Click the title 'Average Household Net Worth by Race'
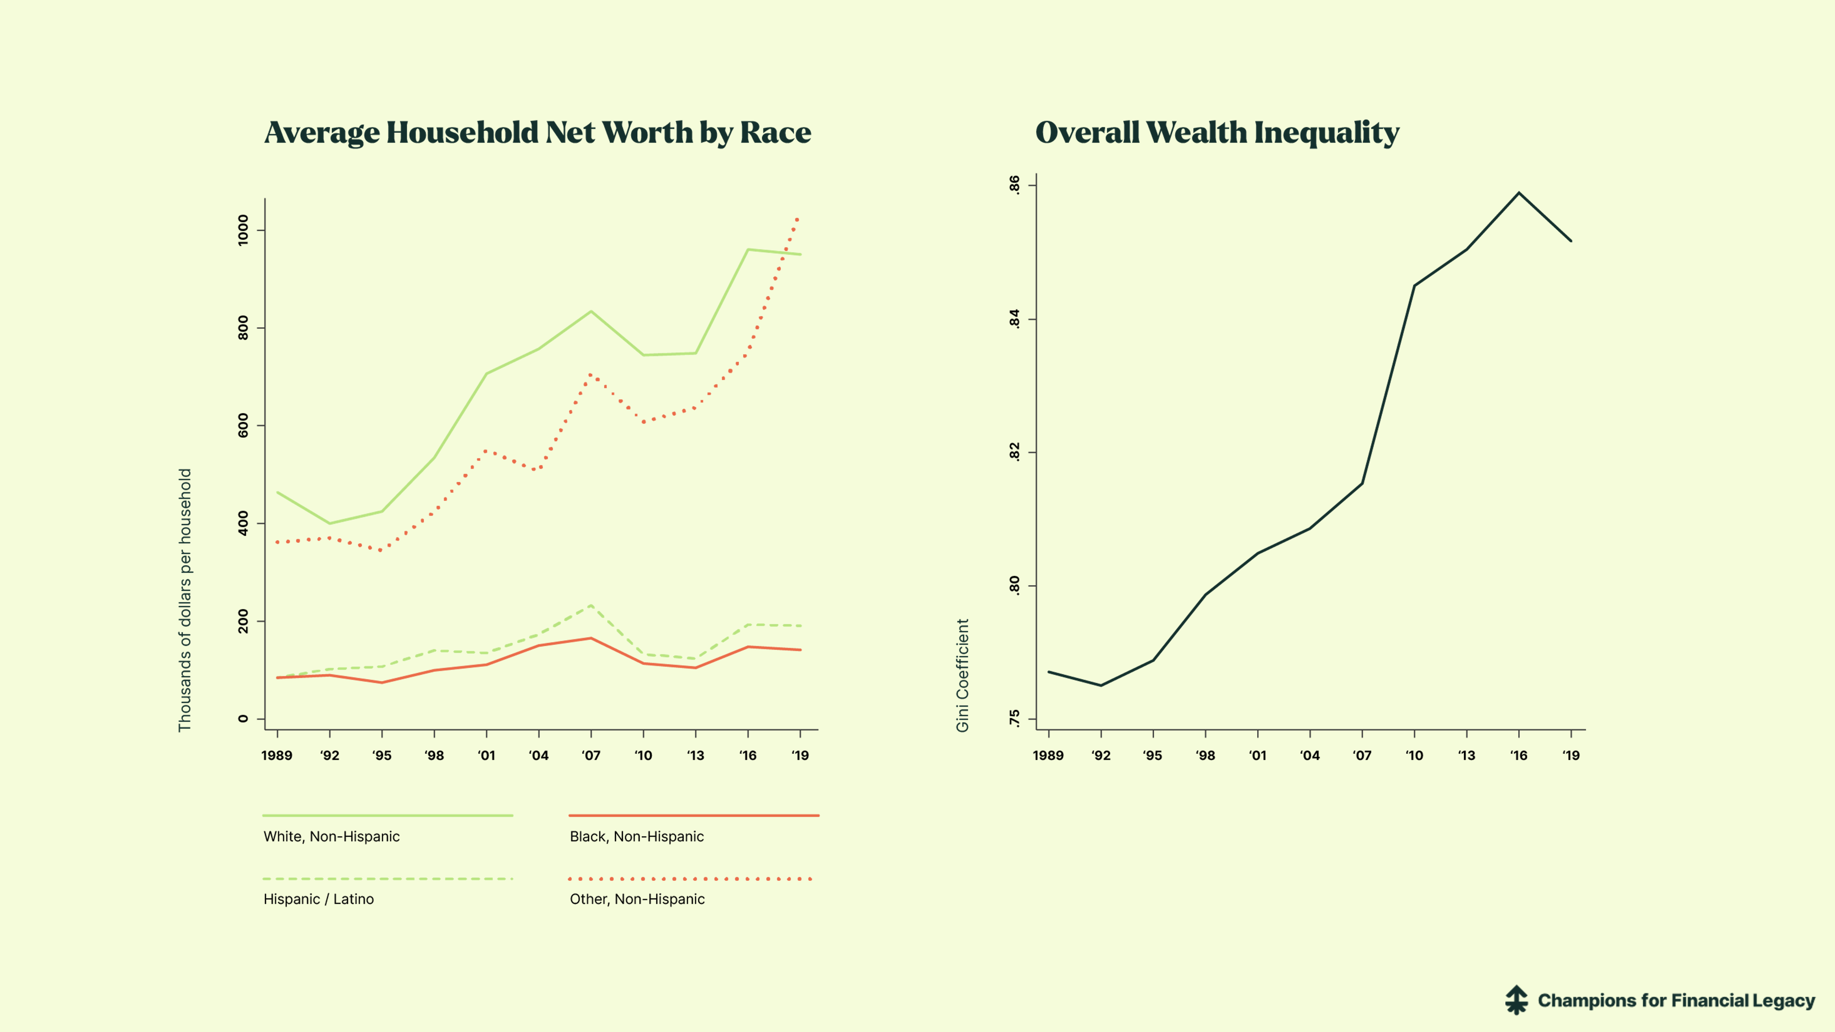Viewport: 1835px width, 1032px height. point(537,132)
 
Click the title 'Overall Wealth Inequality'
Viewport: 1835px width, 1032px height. point(1216,132)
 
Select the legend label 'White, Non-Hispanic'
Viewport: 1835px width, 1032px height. point(331,836)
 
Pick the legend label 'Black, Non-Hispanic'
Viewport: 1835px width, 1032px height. point(636,836)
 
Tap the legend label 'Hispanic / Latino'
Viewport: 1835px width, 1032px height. point(318,899)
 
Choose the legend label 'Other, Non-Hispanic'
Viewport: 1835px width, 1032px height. point(637,899)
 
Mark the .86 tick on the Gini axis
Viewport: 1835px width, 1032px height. point(1014,185)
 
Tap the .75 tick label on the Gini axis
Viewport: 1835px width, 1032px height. point(1014,719)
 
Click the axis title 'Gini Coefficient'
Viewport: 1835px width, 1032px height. point(962,675)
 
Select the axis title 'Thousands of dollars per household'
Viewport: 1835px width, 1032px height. point(185,600)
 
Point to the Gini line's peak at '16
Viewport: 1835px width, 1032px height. point(1519,193)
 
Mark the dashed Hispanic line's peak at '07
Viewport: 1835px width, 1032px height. point(590,605)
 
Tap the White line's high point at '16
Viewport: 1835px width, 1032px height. point(748,249)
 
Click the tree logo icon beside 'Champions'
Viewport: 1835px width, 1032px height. point(1517,1000)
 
